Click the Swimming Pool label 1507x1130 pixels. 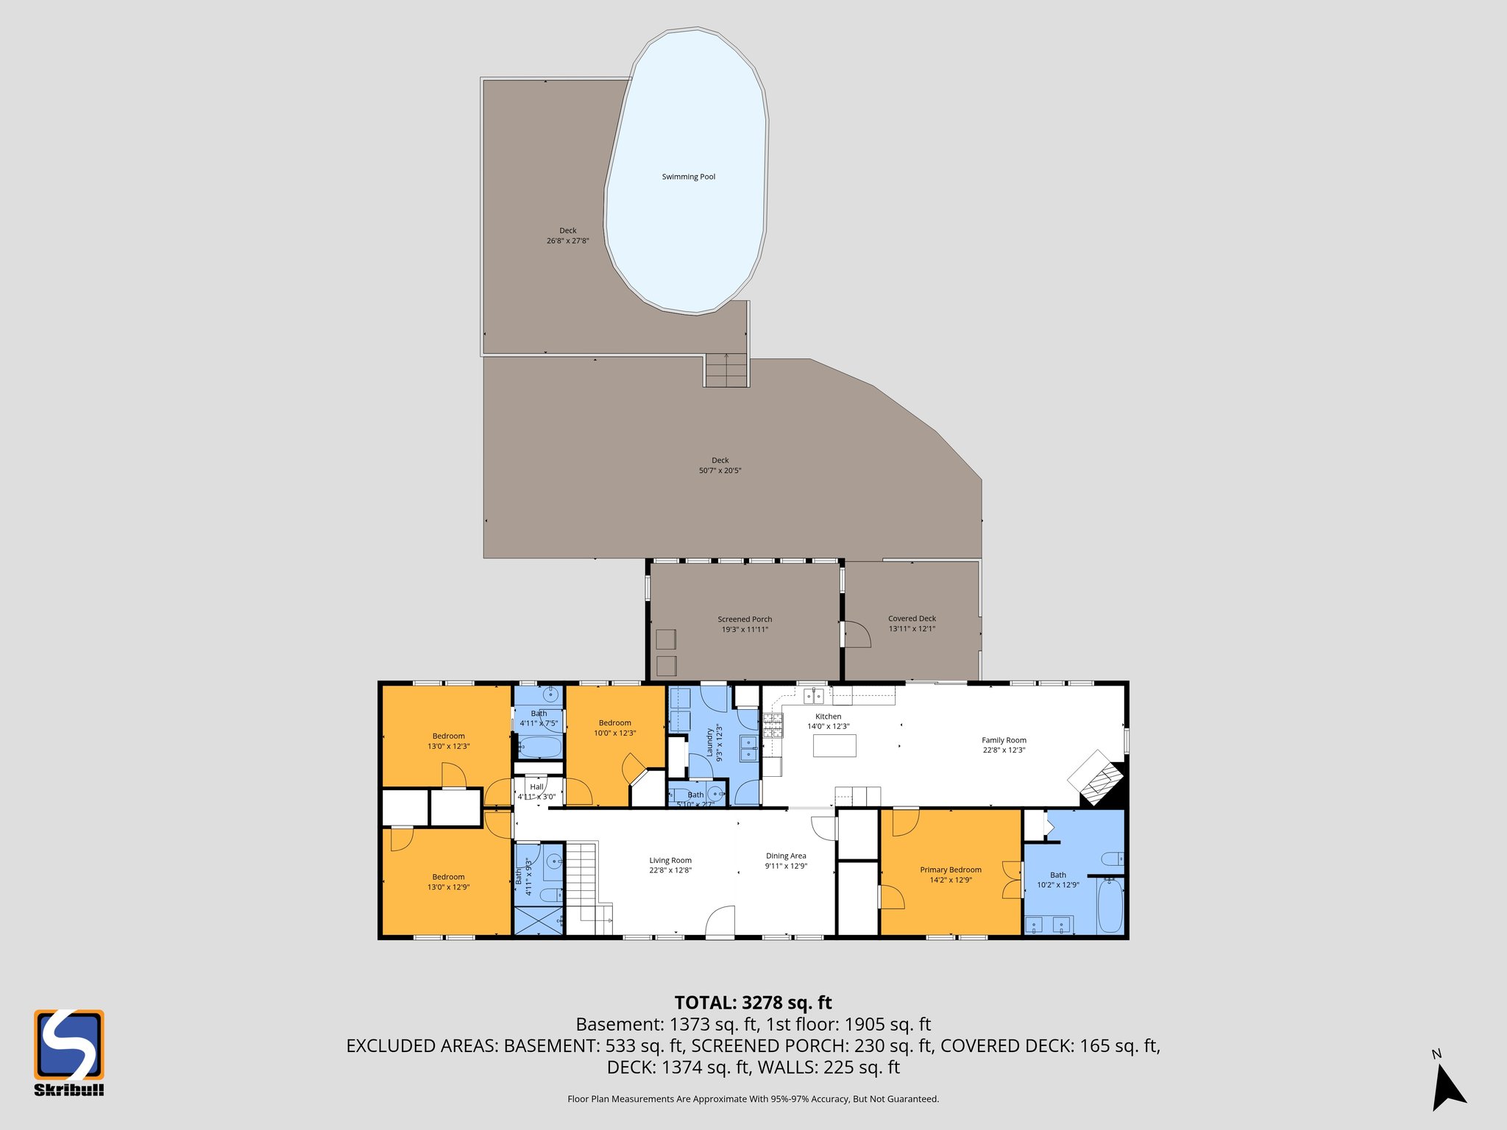click(688, 177)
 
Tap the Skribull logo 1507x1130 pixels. click(69, 1051)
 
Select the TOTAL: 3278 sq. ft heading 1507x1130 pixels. click(753, 1003)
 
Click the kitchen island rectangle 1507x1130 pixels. click(834, 746)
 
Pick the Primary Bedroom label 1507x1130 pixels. click(950, 870)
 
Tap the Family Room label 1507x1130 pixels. click(1004, 740)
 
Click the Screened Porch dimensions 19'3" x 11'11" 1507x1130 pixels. click(745, 630)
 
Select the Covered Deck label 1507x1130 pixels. click(912, 619)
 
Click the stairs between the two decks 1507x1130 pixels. click(726, 370)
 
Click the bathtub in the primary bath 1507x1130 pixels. click(1110, 907)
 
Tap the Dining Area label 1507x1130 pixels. click(786, 856)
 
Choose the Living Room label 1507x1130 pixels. click(670, 860)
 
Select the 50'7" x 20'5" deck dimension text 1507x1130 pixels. click(720, 471)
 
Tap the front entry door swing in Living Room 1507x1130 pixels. click(720, 923)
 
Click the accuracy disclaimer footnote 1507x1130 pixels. click(753, 1099)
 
